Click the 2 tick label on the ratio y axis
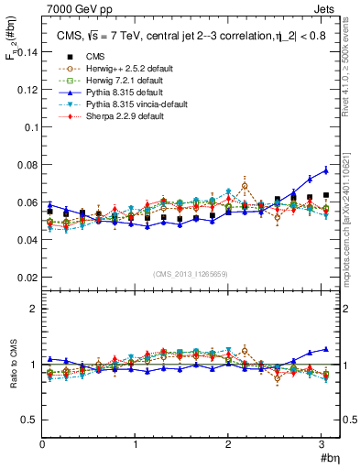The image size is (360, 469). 33,309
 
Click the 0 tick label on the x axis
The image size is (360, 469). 42,446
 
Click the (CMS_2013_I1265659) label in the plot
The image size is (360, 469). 190,274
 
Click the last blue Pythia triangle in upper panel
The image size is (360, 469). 325,170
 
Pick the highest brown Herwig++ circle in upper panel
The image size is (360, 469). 245,186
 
